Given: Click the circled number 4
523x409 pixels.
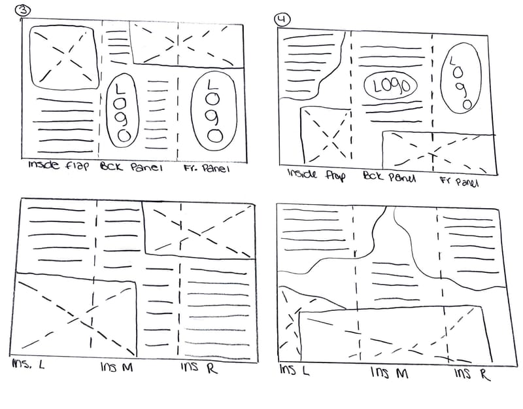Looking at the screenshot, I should pos(282,18).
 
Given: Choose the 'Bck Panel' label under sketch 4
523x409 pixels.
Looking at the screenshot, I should pos(389,177).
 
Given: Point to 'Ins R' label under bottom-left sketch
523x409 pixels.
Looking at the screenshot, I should pos(198,367).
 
